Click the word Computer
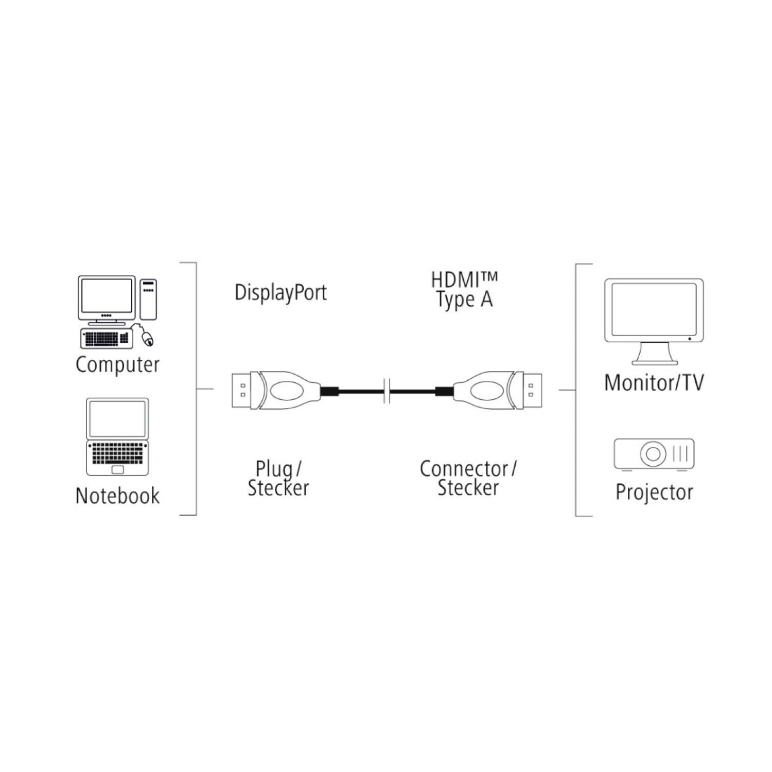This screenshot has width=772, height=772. pos(117,365)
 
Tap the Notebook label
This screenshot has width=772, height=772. pos(117,496)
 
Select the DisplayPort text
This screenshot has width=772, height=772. pos(280,292)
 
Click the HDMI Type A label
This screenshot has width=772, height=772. pos(464,291)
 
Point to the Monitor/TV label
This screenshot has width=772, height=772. pos(654,382)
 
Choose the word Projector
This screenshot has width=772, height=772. pos(654,492)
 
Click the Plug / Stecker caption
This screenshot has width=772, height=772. pos(278,479)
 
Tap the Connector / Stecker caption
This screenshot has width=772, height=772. pos(468,479)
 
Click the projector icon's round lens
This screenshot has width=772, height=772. pos(653,454)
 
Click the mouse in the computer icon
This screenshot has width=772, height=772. pos(148,338)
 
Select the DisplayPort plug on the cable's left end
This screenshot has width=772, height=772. pos(268,391)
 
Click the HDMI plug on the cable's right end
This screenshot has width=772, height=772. pos(497,391)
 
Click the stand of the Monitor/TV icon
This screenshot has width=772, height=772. pos(653,355)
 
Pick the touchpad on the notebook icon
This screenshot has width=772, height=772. pos(118,469)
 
